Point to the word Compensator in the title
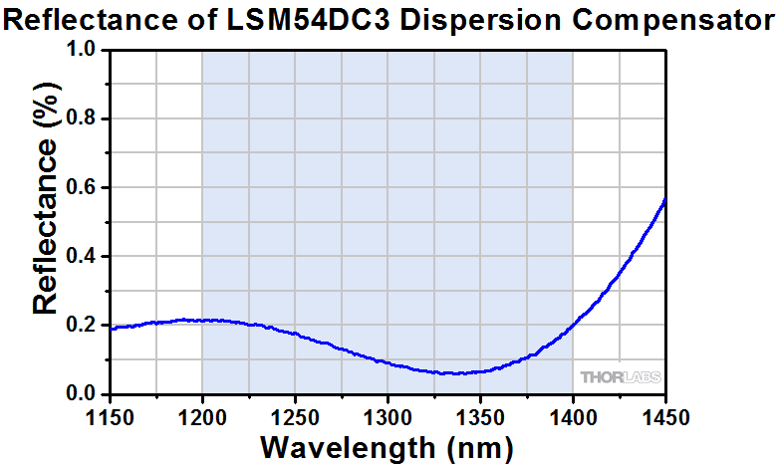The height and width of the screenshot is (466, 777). click(660, 19)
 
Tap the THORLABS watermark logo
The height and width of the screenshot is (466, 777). click(621, 376)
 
